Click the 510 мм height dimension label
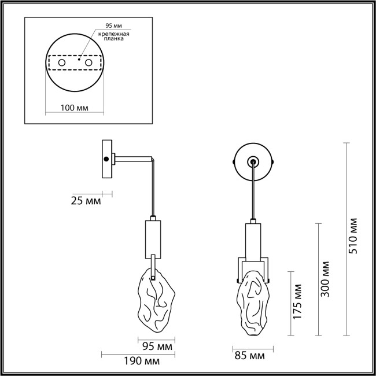pyautogui.click(x=355, y=237)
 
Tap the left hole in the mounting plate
pyautogui.click(x=61, y=62)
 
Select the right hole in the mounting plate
pyautogui.click(x=88, y=62)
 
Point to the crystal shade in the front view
pyautogui.click(x=250, y=304)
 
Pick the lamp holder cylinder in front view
pyautogui.click(x=252, y=240)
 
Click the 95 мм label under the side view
pyautogui.click(x=158, y=347)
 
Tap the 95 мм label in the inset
pyautogui.click(x=113, y=25)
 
